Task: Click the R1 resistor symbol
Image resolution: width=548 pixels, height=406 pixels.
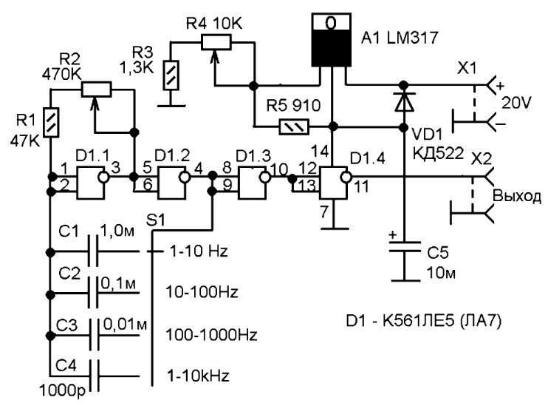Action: click(51, 123)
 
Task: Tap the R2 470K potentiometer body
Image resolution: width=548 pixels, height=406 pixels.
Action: click(97, 89)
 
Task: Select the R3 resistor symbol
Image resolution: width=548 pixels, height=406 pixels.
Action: click(171, 75)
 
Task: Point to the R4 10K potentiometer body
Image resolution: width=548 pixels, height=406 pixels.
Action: click(216, 42)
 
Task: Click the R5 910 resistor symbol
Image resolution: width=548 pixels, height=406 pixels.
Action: click(294, 126)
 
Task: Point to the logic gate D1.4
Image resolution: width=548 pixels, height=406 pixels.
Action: click(335, 183)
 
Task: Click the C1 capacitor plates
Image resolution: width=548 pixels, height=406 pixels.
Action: click(93, 251)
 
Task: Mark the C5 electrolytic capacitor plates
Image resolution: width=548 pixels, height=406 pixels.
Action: click(405, 246)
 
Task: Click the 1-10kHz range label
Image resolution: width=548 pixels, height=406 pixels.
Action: click(198, 376)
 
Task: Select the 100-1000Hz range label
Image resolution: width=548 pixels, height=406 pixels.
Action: click(211, 335)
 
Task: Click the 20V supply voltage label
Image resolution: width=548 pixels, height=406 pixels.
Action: click(516, 104)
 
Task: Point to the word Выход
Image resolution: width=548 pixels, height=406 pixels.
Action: click(517, 197)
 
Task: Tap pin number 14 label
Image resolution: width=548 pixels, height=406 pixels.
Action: click(320, 152)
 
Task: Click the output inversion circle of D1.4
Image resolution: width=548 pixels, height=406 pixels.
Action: click(346, 177)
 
